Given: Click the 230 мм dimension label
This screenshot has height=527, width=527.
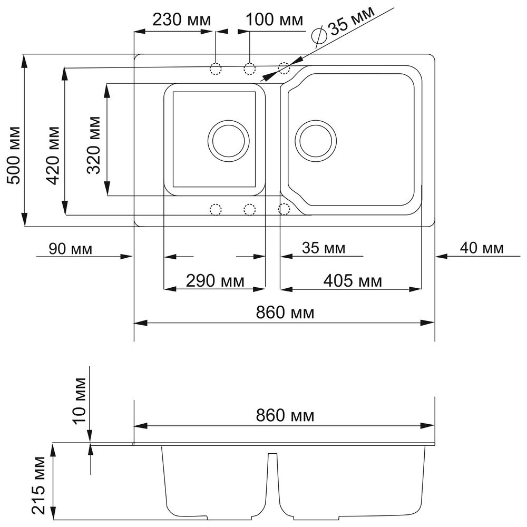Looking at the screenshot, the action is pyautogui.click(x=182, y=20).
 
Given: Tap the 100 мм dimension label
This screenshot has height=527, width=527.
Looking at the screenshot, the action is pyautogui.click(x=275, y=20).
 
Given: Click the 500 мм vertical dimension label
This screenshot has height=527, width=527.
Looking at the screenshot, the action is pyautogui.click(x=14, y=155).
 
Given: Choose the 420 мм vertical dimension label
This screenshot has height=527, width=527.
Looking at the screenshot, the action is pyautogui.click(x=53, y=155).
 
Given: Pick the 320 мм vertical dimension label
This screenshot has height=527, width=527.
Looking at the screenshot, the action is pyautogui.click(x=94, y=145).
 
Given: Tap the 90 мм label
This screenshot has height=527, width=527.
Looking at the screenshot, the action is pyautogui.click(x=70, y=249).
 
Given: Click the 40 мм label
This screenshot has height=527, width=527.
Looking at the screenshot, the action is pyautogui.click(x=482, y=248).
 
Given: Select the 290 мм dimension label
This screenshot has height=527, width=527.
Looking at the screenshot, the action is pyautogui.click(x=215, y=281).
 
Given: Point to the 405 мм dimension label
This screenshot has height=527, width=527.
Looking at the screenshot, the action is pyautogui.click(x=353, y=281).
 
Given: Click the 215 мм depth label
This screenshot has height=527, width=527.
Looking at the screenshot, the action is pyautogui.click(x=38, y=485).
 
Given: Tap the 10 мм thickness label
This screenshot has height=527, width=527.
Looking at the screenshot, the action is pyautogui.click(x=80, y=401).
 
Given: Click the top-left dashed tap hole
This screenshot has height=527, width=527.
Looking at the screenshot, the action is pyautogui.click(x=216, y=69).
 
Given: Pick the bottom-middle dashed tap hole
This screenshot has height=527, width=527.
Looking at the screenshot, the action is pyautogui.click(x=249, y=209).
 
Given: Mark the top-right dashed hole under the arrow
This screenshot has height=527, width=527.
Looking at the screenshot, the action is pyautogui.click(x=284, y=68).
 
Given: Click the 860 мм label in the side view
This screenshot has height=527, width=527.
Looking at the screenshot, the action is pyautogui.click(x=285, y=415).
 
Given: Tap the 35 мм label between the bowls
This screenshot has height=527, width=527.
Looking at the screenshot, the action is pyautogui.click(x=324, y=248).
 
